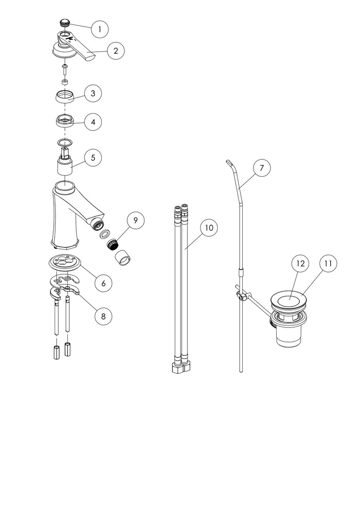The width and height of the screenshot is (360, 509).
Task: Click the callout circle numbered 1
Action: (x=99, y=29)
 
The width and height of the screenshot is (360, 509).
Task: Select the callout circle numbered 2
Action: (x=115, y=50)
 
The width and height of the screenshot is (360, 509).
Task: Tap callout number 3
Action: (x=93, y=93)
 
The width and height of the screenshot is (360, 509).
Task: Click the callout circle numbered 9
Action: (x=136, y=220)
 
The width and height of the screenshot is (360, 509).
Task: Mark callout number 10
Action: (x=209, y=228)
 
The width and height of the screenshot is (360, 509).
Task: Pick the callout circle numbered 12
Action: (x=301, y=263)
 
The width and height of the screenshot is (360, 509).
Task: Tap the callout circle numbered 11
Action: (x=328, y=263)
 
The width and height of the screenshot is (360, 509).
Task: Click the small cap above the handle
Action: (x=65, y=23)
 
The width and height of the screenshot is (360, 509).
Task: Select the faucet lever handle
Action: (x=74, y=45)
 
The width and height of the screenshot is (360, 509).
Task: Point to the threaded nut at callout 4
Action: (x=65, y=121)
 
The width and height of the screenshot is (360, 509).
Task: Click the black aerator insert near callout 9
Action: (x=113, y=244)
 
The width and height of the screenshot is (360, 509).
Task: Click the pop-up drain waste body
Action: (x=288, y=318)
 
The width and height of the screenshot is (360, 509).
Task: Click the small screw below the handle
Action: (x=65, y=69)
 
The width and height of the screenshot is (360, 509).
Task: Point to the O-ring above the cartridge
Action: (x=65, y=142)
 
